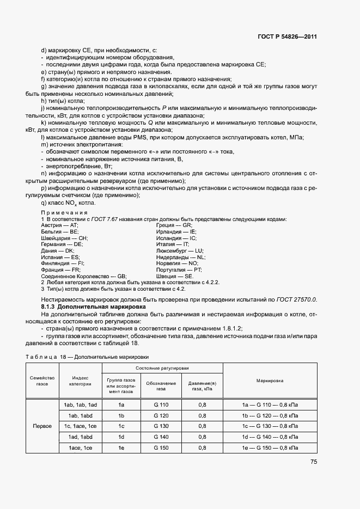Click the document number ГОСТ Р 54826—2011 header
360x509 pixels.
(288, 37)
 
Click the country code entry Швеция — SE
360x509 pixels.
(174, 277)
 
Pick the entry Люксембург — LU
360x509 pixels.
(179, 250)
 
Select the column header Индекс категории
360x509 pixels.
(80, 381)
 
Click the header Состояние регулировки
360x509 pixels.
(162, 369)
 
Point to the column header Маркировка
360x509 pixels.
(270, 381)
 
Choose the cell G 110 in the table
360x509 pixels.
(162, 404)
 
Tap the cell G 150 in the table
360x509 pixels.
(162, 447)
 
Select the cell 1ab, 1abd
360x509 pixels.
(80, 415)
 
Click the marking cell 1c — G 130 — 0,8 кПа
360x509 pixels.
(270, 426)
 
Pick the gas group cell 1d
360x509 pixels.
(121, 437)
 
